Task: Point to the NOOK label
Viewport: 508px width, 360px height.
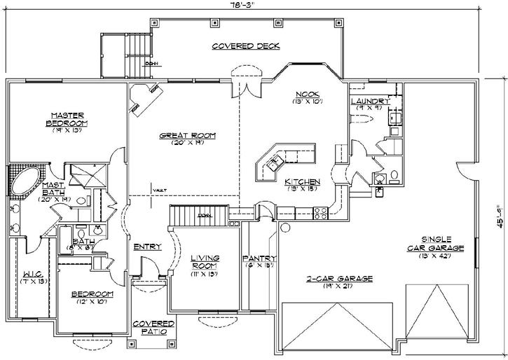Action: pos(307,94)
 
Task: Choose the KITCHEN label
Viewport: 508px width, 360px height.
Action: pos(302,181)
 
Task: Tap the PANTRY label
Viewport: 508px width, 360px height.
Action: pos(259,258)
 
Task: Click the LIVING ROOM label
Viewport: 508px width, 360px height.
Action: pos(205,263)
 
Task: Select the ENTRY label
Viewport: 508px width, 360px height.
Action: pos(147,247)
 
